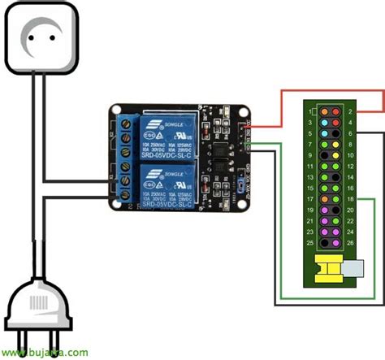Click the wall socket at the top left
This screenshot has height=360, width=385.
[x=41, y=38]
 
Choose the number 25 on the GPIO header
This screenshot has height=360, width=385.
[x=310, y=242]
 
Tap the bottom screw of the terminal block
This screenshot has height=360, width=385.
[x=127, y=192]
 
